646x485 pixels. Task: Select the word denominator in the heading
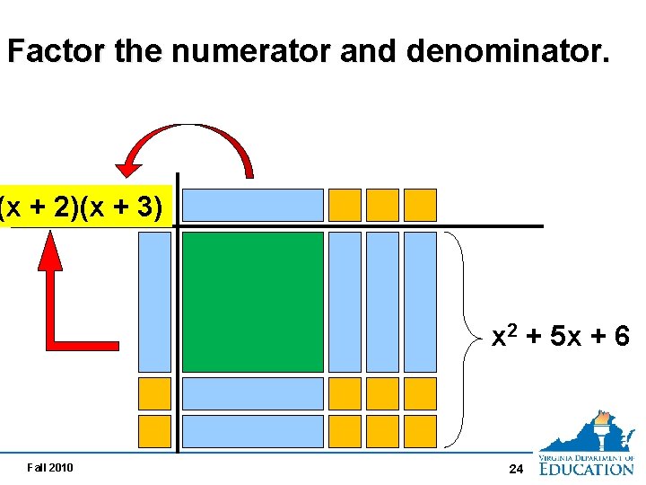508,52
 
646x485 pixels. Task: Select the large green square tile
252,302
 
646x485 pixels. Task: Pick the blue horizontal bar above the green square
252,205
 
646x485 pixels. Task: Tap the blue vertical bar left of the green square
154,302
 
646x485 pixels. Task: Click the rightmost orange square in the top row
420,205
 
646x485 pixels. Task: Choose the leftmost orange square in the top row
345,205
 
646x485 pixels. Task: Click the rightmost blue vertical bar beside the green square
420,302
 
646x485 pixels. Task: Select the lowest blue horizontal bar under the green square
252,431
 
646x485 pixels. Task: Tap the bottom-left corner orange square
154,431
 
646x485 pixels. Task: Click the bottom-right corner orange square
420,431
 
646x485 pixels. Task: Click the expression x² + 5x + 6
561,337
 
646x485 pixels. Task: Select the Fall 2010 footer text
50,467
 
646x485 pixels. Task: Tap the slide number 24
516,469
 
